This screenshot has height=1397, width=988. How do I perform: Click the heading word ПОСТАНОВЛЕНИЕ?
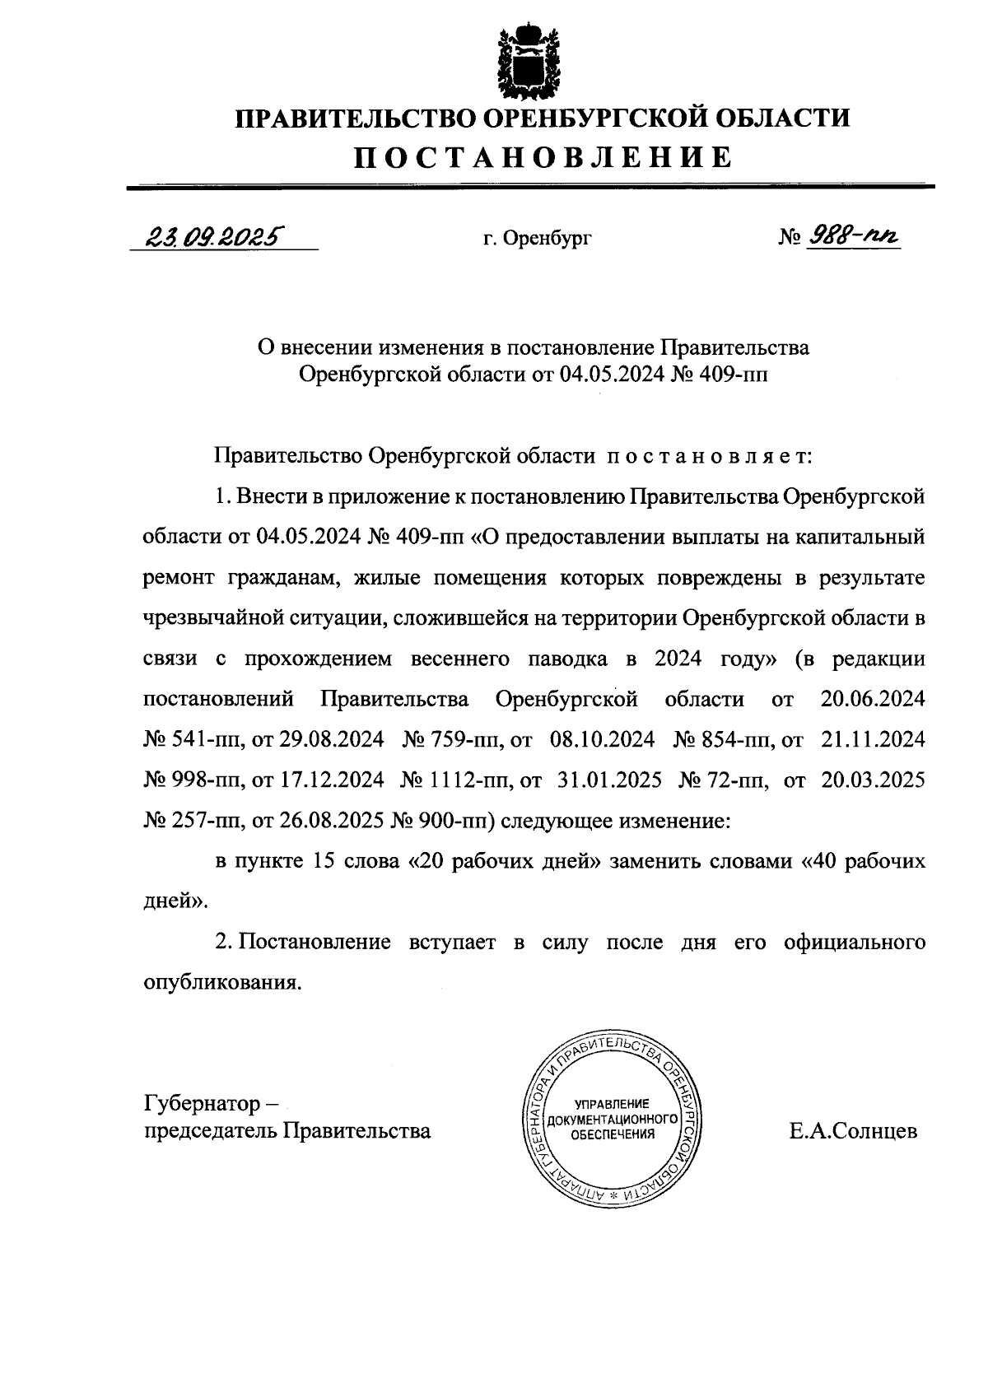(543, 156)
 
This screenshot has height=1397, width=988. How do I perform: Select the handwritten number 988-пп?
(853, 237)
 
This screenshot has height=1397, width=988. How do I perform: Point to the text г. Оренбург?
(538, 239)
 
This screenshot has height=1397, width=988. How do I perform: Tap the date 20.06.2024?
(873, 700)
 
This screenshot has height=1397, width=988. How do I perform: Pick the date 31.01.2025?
(609, 780)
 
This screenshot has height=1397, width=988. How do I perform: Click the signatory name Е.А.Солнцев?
(852, 1131)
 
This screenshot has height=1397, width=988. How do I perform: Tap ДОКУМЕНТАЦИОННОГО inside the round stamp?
(612, 1120)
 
